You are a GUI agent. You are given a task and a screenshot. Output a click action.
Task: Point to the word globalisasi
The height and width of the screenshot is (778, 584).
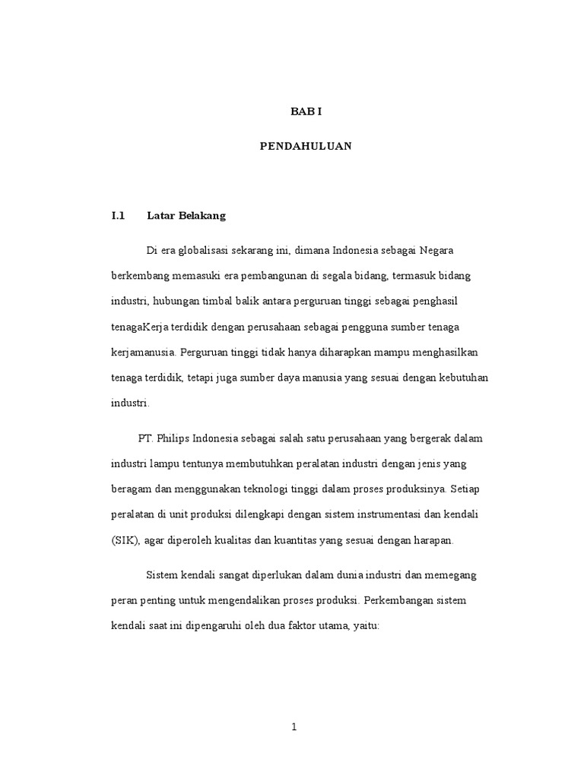[x=200, y=251]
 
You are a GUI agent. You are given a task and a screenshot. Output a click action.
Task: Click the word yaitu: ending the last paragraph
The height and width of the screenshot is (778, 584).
[x=373, y=626]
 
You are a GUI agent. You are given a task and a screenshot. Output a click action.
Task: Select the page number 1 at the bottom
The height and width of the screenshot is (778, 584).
[x=294, y=727]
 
